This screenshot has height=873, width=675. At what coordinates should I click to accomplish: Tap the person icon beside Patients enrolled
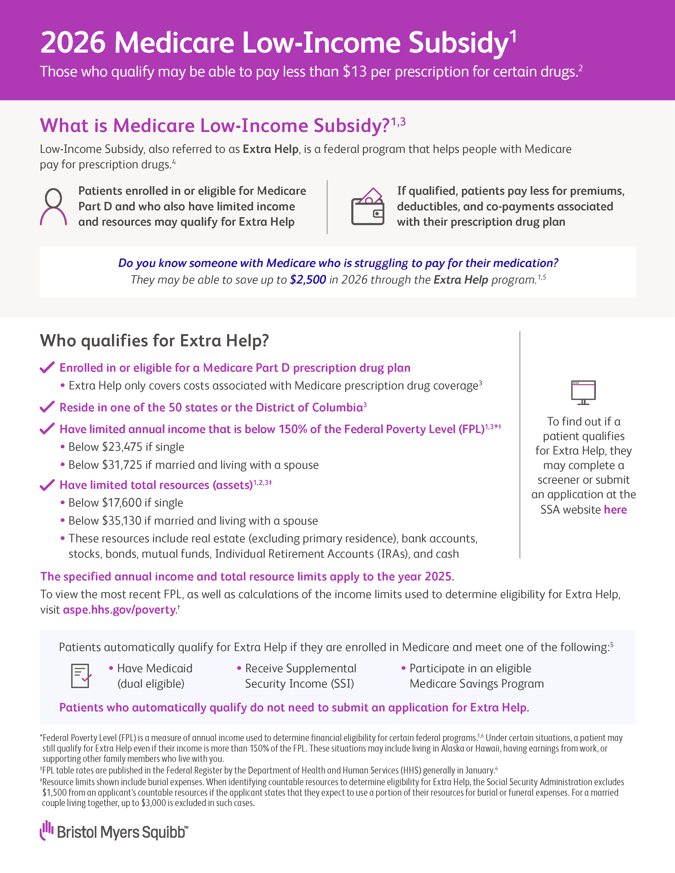53,206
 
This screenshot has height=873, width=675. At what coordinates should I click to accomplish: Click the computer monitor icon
583,392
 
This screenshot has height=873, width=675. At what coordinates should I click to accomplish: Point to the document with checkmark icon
81,676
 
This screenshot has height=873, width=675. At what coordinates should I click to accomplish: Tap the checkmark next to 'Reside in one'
47,407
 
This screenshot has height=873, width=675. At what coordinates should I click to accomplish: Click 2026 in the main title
73,43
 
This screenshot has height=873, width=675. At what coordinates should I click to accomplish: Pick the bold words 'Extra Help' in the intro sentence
270,149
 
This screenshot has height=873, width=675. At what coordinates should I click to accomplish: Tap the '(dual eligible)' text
151,684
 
